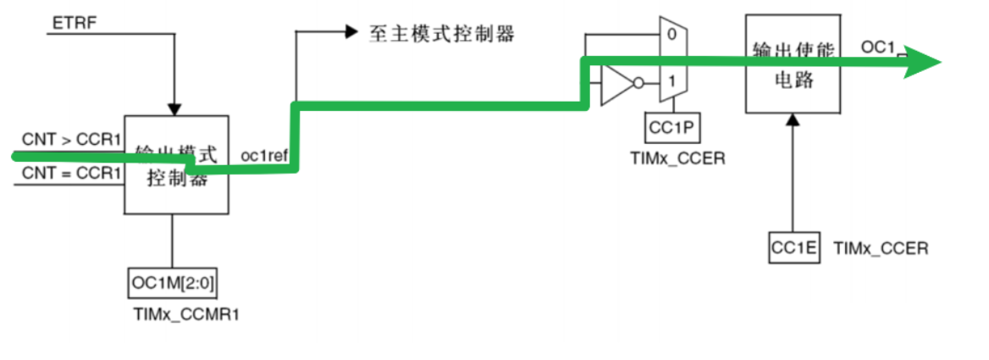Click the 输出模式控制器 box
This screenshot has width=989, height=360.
177,165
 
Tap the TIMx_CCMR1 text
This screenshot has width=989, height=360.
179,313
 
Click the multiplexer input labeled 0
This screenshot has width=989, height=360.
671,36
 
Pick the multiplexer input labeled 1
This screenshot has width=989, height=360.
671,82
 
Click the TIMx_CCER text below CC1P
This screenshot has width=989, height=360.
677,158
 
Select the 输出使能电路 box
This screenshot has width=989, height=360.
793,64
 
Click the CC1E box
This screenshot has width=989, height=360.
794,247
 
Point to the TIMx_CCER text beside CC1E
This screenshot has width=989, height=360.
881,248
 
